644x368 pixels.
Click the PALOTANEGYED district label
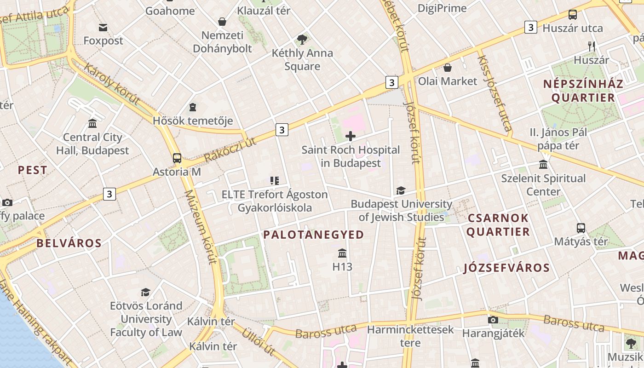[x=313, y=235]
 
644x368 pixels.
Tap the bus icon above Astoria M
[x=177, y=158]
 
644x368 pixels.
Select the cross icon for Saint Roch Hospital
[x=351, y=136]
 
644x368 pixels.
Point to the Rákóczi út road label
[x=230, y=150]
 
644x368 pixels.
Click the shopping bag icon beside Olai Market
[x=447, y=68]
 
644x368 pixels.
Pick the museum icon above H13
[x=342, y=253]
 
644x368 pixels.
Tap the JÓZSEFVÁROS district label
[x=506, y=268]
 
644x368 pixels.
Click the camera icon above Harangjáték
[x=493, y=320]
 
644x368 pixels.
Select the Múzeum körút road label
[x=201, y=228]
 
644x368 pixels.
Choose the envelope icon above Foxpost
[x=103, y=28]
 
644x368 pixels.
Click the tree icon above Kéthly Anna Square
[x=302, y=40]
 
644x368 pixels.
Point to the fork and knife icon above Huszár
[x=592, y=46]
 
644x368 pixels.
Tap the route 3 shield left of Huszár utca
[x=531, y=27]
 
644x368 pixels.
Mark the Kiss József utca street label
[x=494, y=94]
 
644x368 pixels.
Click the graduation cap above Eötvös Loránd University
[x=146, y=292]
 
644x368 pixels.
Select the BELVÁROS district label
[x=69, y=243]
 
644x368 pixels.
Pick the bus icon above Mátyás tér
[x=581, y=228]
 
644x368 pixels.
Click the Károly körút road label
[x=112, y=84]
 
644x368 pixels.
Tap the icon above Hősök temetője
[x=193, y=108]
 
